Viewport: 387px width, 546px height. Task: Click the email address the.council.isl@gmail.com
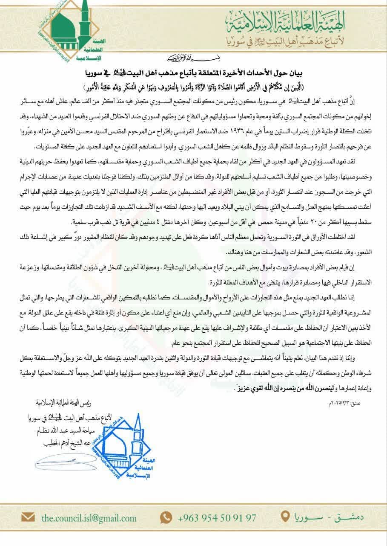coord(89,518)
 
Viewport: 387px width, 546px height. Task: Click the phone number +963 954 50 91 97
coord(217,518)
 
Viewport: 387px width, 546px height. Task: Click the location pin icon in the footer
coord(288,517)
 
